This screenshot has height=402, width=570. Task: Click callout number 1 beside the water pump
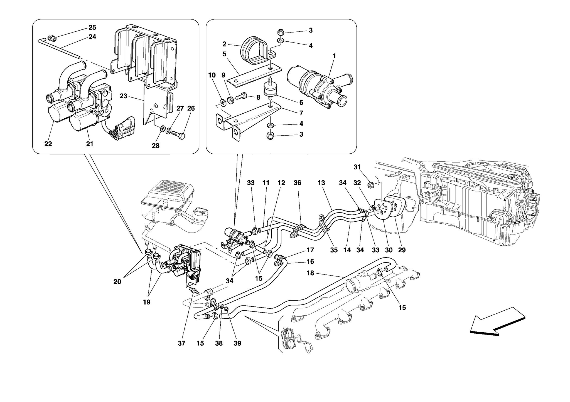(x=334, y=56)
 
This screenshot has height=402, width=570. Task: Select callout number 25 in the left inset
(x=92, y=27)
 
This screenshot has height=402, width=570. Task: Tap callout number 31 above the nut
(x=357, y=167)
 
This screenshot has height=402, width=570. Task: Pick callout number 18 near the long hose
(x=310, y=273)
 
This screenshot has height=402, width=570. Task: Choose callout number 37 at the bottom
(x=181, y=343)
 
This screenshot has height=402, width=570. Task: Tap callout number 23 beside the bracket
(x=123, y=96)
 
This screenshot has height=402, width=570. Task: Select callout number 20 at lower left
(x=117, y=281)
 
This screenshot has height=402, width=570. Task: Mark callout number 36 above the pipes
(x=298, y=183)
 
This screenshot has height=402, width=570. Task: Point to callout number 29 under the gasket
(x=402, y=250)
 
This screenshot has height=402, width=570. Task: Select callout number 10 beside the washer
(x=212, y=75)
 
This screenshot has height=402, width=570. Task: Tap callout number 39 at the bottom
(x=237, y=343)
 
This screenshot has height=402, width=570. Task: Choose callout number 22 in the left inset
(x=48, y=144)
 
